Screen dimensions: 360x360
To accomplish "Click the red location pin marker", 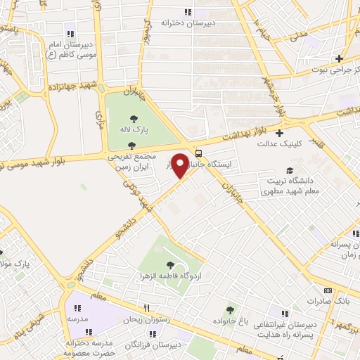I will pyautogui.click(x=181, y=165).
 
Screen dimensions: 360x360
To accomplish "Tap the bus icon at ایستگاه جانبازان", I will pyautogui.click(x=200, y=153).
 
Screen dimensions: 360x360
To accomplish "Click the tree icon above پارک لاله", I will pyautogui.click(x=134, y=117).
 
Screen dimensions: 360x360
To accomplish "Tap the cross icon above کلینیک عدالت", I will pyautogui.click(x=280, y=133).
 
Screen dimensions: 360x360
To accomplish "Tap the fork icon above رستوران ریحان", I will pyautogui.click(x=147, y=308).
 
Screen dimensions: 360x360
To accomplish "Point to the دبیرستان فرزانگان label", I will pyautogui.click(x=155, y=346).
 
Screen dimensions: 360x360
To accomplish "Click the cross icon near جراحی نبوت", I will pyautogui.click(x=339, y=58).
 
